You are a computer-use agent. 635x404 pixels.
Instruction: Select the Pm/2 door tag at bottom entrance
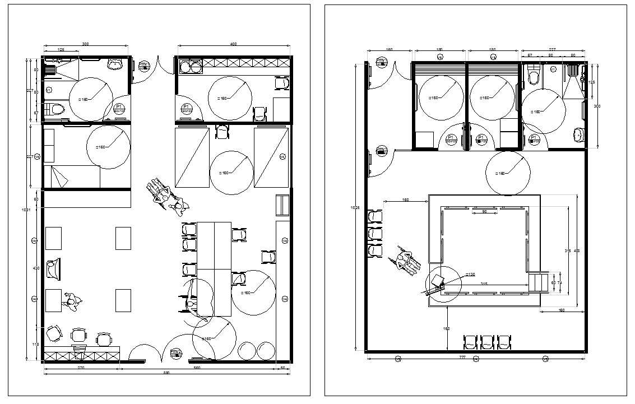[x=176, y=352]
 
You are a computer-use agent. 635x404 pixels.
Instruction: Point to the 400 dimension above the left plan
[x=233, y=44]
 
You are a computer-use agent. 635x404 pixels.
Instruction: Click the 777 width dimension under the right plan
[x=462, y=356]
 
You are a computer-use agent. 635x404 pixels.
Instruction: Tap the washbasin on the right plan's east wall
[x=578, y=134]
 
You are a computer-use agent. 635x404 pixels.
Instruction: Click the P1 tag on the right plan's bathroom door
[x=534, y=139]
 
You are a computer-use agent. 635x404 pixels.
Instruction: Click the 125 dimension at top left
[x=61, y=50]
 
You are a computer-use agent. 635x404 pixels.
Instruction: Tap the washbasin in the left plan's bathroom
[x=115, y=64]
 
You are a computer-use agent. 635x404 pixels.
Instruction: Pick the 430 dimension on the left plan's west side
[x=36, y=268]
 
